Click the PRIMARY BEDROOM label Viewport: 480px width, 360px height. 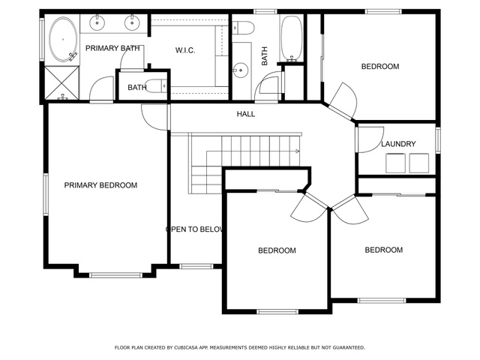[100, 185]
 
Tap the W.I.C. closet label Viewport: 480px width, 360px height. [185, 50]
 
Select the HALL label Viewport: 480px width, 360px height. [246, 114]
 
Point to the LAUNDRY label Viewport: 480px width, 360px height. [398, 144]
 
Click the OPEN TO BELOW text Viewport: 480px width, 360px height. [195, 229]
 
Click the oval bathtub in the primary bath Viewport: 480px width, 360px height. [63, 40]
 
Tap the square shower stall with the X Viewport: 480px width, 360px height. [62, 83]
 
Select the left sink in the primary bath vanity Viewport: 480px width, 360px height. [97, 23]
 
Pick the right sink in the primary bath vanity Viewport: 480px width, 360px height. [132, 23]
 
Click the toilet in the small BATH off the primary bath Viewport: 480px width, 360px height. [156, 86]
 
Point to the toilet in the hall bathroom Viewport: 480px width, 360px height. [243, 28]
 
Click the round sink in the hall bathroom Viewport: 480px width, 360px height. [241, 70]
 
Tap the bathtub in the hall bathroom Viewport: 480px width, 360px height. [291, 38]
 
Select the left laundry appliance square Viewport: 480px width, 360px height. [395, 163]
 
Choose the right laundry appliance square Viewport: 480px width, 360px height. [419, 163]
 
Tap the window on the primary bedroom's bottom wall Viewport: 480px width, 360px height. [115, 275]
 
